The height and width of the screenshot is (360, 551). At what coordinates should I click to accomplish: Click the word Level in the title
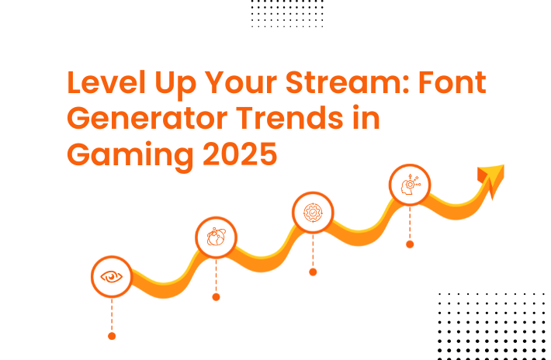click(x=106, y=82)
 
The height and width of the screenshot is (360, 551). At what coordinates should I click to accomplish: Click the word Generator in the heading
click(x=147, y=119)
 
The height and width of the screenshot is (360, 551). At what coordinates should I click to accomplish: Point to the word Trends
click(x=289, y=118)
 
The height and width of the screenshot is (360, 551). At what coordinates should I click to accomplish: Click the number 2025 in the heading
click(x=240, y=154)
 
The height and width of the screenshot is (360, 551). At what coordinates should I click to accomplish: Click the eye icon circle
click(x=112, y=277)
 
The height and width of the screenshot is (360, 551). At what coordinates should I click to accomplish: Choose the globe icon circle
click(x=216, y=237)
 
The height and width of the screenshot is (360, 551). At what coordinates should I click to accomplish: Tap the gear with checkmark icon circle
click(x=313, y=213)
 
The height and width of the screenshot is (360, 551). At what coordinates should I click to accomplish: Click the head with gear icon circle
click(x=410, y=185)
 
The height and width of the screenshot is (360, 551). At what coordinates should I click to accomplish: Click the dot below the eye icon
click(x=112, y=336)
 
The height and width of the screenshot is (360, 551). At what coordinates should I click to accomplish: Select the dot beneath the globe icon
click(x=216, y=297)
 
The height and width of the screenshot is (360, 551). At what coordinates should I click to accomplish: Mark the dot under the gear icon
click(x=313, y=272)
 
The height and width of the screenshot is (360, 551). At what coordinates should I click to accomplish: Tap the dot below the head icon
click(x=410, y=244)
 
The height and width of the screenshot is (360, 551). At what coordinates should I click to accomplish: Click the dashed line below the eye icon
click(x=112, y=315)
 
